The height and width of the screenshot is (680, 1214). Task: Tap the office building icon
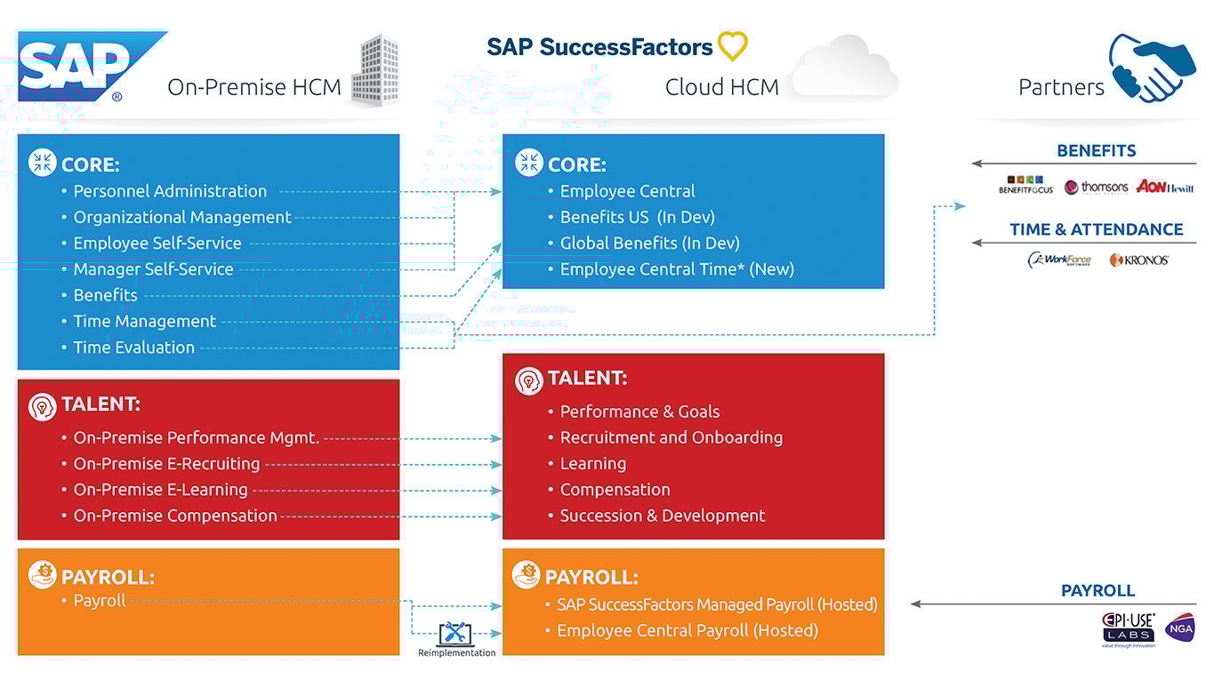tap(373, 71)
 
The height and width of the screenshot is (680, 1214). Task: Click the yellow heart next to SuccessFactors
tap(733, 45)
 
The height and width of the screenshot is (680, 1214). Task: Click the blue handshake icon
tap(1152, 68)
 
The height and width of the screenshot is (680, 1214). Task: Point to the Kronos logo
tap(1138, 260)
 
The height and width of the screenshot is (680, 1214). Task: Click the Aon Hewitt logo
tap(1164, 187)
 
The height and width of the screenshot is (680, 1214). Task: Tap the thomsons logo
tap(1096, 187)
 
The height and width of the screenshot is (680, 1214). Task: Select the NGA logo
tap(1179, 627)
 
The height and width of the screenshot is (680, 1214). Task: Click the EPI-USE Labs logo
tap(1129, 627)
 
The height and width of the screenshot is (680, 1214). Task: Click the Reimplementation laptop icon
tap(456, 634)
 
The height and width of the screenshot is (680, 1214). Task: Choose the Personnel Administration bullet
tap(169, 191)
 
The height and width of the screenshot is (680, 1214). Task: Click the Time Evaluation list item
tap(133, 348)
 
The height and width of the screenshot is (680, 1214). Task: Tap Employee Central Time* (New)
tap(676, 269)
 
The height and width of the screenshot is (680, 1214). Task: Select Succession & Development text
tap(662, 516)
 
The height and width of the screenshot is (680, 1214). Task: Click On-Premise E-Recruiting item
tap(166, 464)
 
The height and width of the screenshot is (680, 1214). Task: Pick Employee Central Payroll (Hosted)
tap(687, 630)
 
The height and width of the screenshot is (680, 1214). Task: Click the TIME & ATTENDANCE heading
tap(1096, 229)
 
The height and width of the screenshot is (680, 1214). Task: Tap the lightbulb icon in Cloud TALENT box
tap(529, 380)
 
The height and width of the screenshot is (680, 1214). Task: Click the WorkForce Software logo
tap(1059, 260)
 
